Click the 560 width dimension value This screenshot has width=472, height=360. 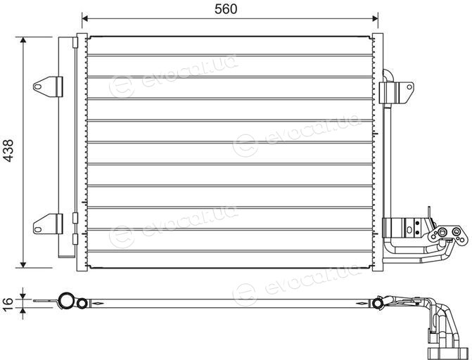(226, 9)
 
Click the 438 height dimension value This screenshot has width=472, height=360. (8, 150)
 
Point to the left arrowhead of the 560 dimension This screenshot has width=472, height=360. (84, 19)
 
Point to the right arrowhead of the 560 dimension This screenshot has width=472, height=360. (375, 19)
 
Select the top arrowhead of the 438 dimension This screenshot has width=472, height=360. (23, 40)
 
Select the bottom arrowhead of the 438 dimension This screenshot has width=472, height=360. (23, 265)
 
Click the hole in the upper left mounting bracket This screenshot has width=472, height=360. (37, 86)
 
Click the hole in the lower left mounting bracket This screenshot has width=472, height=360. (37, 229)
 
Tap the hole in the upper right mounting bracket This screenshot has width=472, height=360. (409, 87)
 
